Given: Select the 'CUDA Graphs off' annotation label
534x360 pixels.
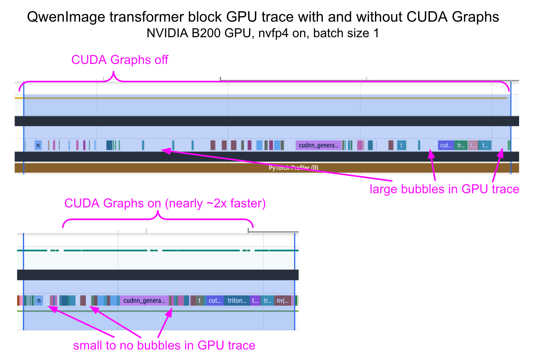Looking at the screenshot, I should tap(119, 60).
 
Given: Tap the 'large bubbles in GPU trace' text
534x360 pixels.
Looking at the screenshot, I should tap(444, 189).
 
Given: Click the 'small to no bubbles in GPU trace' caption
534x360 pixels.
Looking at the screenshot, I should tap(164, 345).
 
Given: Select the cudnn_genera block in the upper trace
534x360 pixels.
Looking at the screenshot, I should tap(318, 145).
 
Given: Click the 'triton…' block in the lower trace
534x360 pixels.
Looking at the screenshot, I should tap(237, 300).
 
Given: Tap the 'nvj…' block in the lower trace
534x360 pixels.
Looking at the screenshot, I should tap(283, 300).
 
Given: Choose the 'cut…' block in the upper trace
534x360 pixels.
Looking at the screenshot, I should tap(446, 145).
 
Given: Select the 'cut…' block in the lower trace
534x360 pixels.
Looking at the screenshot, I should tap(215, 300).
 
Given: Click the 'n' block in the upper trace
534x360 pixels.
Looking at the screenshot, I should tap(38, 145).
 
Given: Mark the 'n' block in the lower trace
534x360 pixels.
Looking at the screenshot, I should tap(39, 300).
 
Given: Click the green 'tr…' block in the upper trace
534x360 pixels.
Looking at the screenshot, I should tap(461, 145).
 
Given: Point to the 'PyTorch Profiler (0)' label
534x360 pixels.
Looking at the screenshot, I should tap(293, 168).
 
